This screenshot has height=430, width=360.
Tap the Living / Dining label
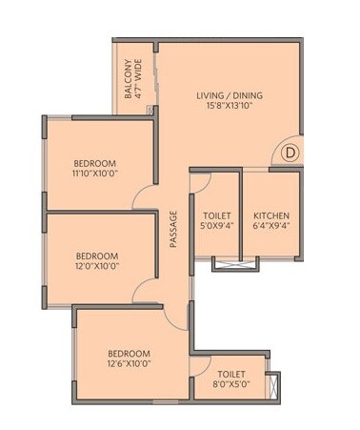[229, 96]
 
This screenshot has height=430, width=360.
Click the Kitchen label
[270, 215]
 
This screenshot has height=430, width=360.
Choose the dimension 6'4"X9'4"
[270, 228]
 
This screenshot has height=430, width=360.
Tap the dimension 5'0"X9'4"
[214, 228]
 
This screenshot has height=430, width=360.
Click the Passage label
[174, 229]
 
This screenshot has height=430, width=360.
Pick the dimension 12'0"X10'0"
[97, 268]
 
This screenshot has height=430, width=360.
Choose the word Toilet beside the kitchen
[214, 215]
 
